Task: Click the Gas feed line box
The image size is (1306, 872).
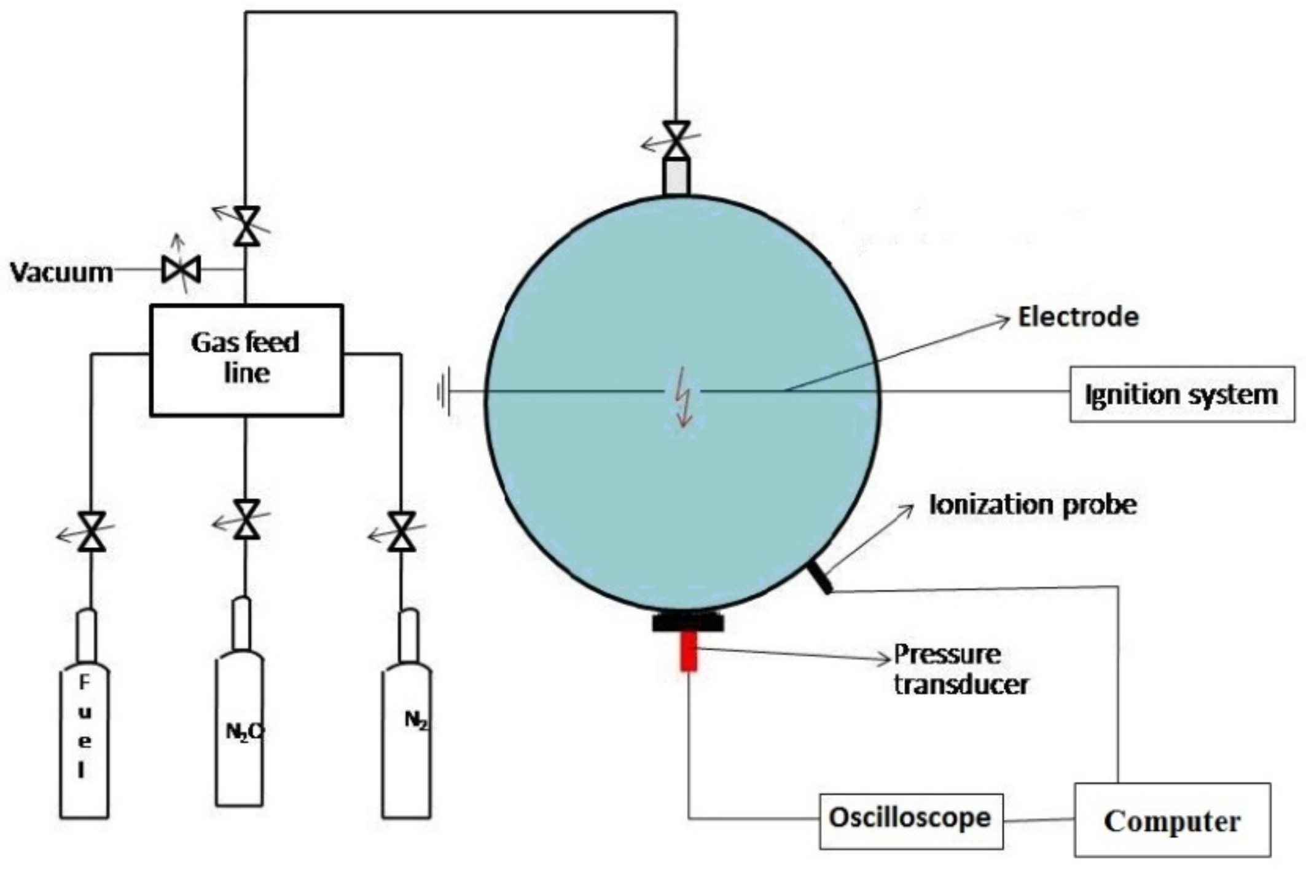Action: point(246,360)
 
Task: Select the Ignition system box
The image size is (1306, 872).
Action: point(1181,394)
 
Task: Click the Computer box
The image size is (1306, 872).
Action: point(1171,820)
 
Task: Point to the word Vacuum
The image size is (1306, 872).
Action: point(61,272)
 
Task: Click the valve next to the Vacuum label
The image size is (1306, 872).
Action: point(181,270)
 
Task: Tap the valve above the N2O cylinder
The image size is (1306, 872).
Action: point(247,520)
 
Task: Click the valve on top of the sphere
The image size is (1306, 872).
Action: point(676,139)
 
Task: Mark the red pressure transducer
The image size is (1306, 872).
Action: point(689,651)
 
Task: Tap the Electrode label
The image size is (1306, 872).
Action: point(1078,317)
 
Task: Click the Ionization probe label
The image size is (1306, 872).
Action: point(1033,505)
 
